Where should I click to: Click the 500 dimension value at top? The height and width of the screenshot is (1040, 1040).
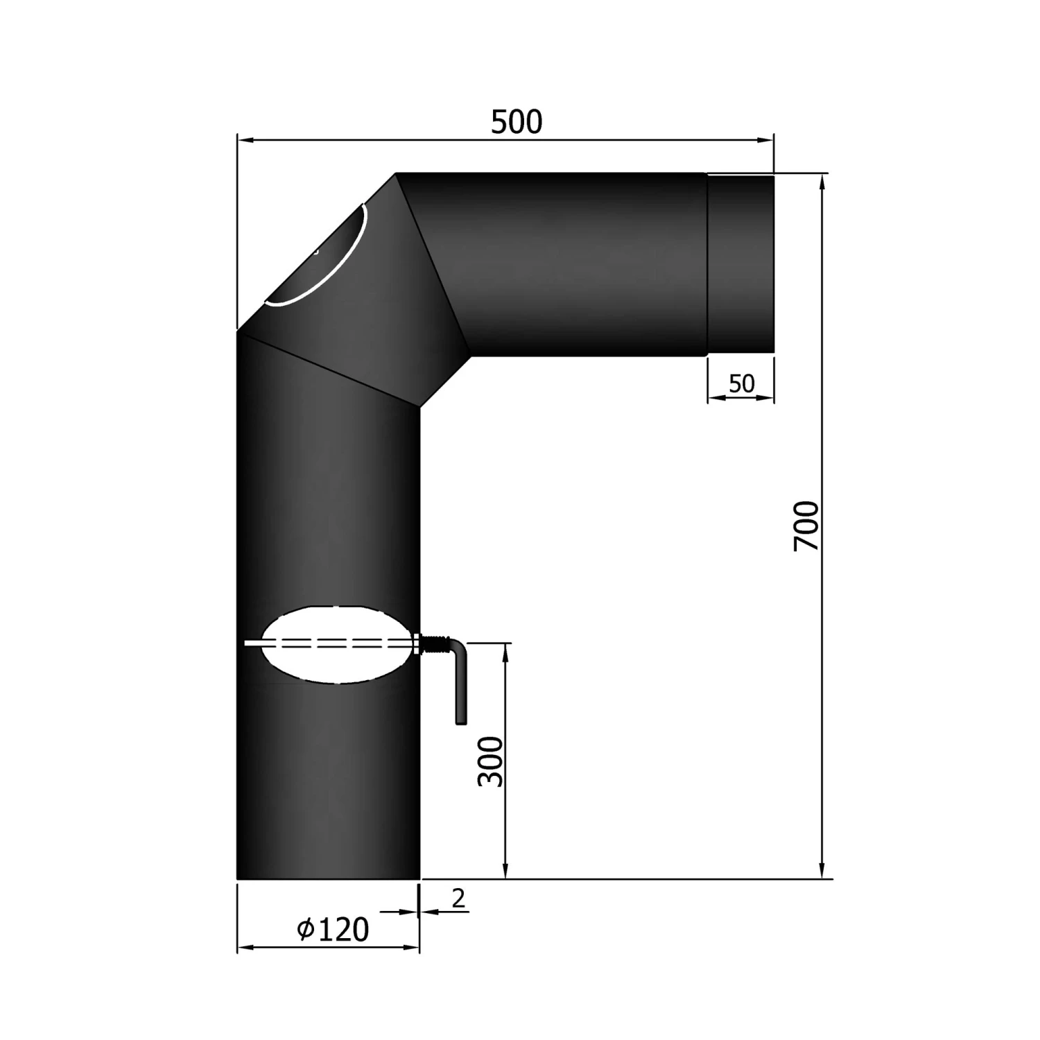coord(517,122)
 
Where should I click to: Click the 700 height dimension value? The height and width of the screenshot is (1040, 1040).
coord(806,526)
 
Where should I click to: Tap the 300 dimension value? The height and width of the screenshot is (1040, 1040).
coord(491,761)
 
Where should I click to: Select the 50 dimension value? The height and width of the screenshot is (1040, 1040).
coord(741,383)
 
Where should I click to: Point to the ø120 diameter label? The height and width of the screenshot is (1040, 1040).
coord(333,930)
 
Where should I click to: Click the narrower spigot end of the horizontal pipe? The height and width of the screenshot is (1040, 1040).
coord(740,265)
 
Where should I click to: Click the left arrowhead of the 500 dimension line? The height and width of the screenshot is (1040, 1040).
coord(245,141)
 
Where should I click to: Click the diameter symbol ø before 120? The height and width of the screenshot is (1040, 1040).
coord(306,930)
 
